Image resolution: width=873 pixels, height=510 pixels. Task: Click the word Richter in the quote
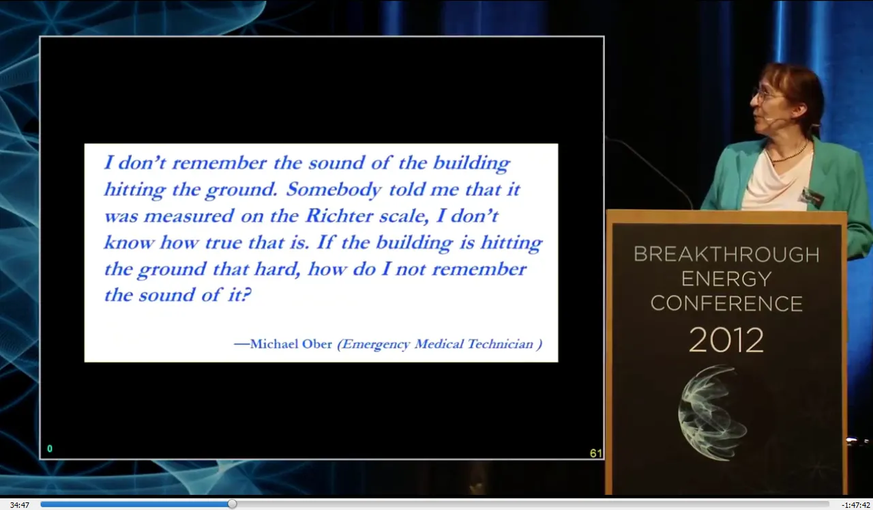coord(339,215)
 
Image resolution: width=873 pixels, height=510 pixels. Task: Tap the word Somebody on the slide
coord(334,189)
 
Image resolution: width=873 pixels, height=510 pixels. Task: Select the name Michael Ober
coord(291,344)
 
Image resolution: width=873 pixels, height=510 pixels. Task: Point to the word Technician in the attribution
coord(500,344)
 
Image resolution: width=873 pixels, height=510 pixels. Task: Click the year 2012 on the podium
coord(726,340)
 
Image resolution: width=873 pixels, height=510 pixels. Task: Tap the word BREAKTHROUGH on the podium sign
coord(726,255)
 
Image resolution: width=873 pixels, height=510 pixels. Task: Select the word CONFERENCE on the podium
coord(726,304)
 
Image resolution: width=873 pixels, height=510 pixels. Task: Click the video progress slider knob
coord(232,504)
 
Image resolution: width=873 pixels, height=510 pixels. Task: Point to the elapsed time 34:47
coord(20,505)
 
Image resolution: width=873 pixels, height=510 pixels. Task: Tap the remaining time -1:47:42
coord(855,505)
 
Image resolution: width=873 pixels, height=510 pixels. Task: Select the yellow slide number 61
coord(595,453)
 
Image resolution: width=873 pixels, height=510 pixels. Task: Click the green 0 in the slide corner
coord(50,449)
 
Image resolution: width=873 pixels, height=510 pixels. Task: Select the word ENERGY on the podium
coord(726,279)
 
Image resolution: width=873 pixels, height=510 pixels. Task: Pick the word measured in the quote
coord(189,216)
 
